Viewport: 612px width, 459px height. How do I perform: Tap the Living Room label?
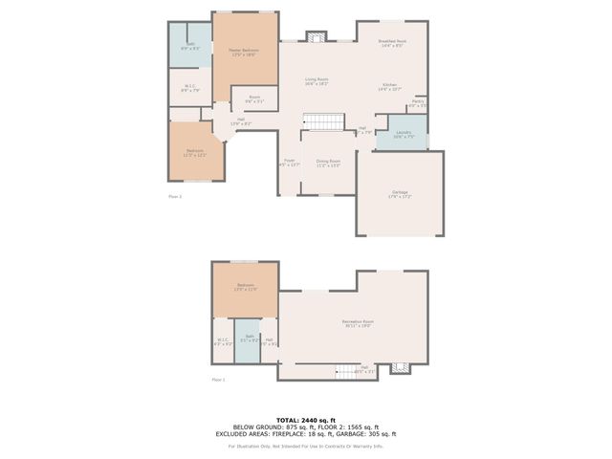[x=317, y=81]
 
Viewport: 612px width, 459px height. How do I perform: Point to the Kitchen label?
[x=389, y=86]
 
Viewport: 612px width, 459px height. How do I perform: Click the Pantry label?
[x=418, y=102]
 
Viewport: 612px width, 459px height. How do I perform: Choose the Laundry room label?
[x=402, y=134]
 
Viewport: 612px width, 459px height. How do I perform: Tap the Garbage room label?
[x=400, y=194]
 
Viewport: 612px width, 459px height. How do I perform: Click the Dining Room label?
[x=329, y=164]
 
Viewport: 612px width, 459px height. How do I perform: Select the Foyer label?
[x=289, y=163]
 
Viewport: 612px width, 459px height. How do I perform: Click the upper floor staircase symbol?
[x=322, y=121]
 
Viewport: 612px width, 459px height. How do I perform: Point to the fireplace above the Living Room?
[x=317, y=36]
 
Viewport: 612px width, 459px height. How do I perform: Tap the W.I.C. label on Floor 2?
[x=189, y=87]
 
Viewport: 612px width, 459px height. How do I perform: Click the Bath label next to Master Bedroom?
[x=190, y=45]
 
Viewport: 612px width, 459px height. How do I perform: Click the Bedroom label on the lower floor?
[x=246, y=287]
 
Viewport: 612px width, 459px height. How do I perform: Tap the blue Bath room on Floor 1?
[x=248, y=345]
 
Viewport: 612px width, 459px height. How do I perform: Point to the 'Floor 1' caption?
[x=217, y=380]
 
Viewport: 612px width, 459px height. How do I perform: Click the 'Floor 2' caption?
[x=175, y=196]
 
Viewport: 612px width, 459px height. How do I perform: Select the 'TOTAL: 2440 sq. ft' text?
[x=305, y=420]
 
